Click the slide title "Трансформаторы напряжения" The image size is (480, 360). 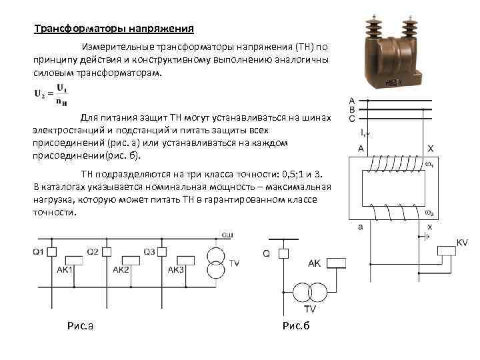pos(114,29)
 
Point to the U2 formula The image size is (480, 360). pos(51,94)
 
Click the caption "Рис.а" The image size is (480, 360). pos(80,325)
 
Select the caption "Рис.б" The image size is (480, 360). pos(297,325)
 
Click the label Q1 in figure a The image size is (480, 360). pos(37,252)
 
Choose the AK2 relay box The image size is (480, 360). pos(129,260)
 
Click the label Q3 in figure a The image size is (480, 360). pos(149,252)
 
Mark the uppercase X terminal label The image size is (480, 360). pos(431,148)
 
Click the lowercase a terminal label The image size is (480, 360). pos(361,227)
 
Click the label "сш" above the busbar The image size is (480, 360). pos(227,233)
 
